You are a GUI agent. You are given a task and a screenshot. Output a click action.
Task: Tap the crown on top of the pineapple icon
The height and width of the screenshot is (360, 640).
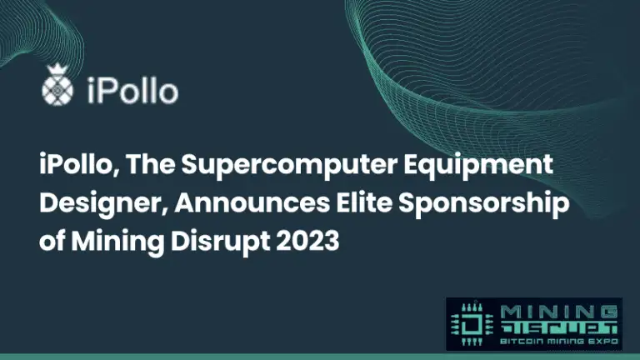click(57, 70)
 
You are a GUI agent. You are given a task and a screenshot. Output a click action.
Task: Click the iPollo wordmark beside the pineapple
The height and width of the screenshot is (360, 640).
click(132, 90)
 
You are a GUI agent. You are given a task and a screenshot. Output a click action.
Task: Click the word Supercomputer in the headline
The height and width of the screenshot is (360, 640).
click(289, 165)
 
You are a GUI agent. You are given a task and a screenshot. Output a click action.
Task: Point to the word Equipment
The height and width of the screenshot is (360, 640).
click(478, 165)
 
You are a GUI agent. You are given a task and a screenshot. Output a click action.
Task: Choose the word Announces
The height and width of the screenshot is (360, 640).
click(252, 203)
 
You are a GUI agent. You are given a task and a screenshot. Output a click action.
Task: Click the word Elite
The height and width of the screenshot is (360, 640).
click(364, 202)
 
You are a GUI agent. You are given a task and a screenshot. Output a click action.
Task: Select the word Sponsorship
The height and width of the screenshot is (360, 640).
click(483, 203)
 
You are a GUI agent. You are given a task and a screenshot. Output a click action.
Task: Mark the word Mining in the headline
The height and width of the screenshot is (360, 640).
click(117, 242)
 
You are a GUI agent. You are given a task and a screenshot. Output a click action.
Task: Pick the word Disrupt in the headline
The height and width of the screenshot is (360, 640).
click(220, 242)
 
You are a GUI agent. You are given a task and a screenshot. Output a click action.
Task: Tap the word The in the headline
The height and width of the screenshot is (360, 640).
click(150, 164)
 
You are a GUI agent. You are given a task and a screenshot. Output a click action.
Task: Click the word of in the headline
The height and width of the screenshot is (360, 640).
click(52, 241)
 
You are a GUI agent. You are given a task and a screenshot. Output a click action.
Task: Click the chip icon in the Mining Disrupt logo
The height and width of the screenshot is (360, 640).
click(472, 324)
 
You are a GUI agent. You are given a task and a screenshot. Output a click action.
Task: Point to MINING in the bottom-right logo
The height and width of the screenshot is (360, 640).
click(559, 313)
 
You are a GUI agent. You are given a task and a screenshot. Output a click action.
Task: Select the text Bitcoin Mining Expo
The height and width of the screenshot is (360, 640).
click(559, 341)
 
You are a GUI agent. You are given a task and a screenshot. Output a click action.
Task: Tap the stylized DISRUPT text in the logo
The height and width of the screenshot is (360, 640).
click(559, 328)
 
